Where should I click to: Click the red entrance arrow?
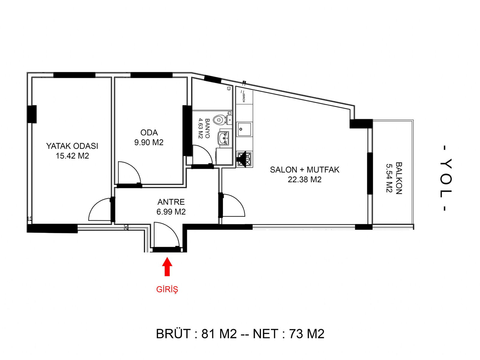pyautogui.click(x=167, y=267)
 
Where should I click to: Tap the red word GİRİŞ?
pyautogui.click(x=167, y=289)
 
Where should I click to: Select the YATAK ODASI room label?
pyautogui.click(x=72, y=146)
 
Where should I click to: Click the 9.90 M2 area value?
pyautogui.click(x=149, y=142)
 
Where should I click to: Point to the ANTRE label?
pyautogui.click(x=171, y=202)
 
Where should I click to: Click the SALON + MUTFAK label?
pyautogui.click(x=304, y=170)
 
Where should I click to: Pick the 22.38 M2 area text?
pyautogui.click(x=304, y=180)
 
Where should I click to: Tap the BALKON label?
pyautogui.click(x=399, y=178)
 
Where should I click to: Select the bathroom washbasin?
pyautogui.click(x=223, y=138)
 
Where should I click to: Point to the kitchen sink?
pyautogui.click(x=244, y=129)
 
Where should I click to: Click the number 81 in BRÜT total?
pyautogui.click(x=207, y=334)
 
